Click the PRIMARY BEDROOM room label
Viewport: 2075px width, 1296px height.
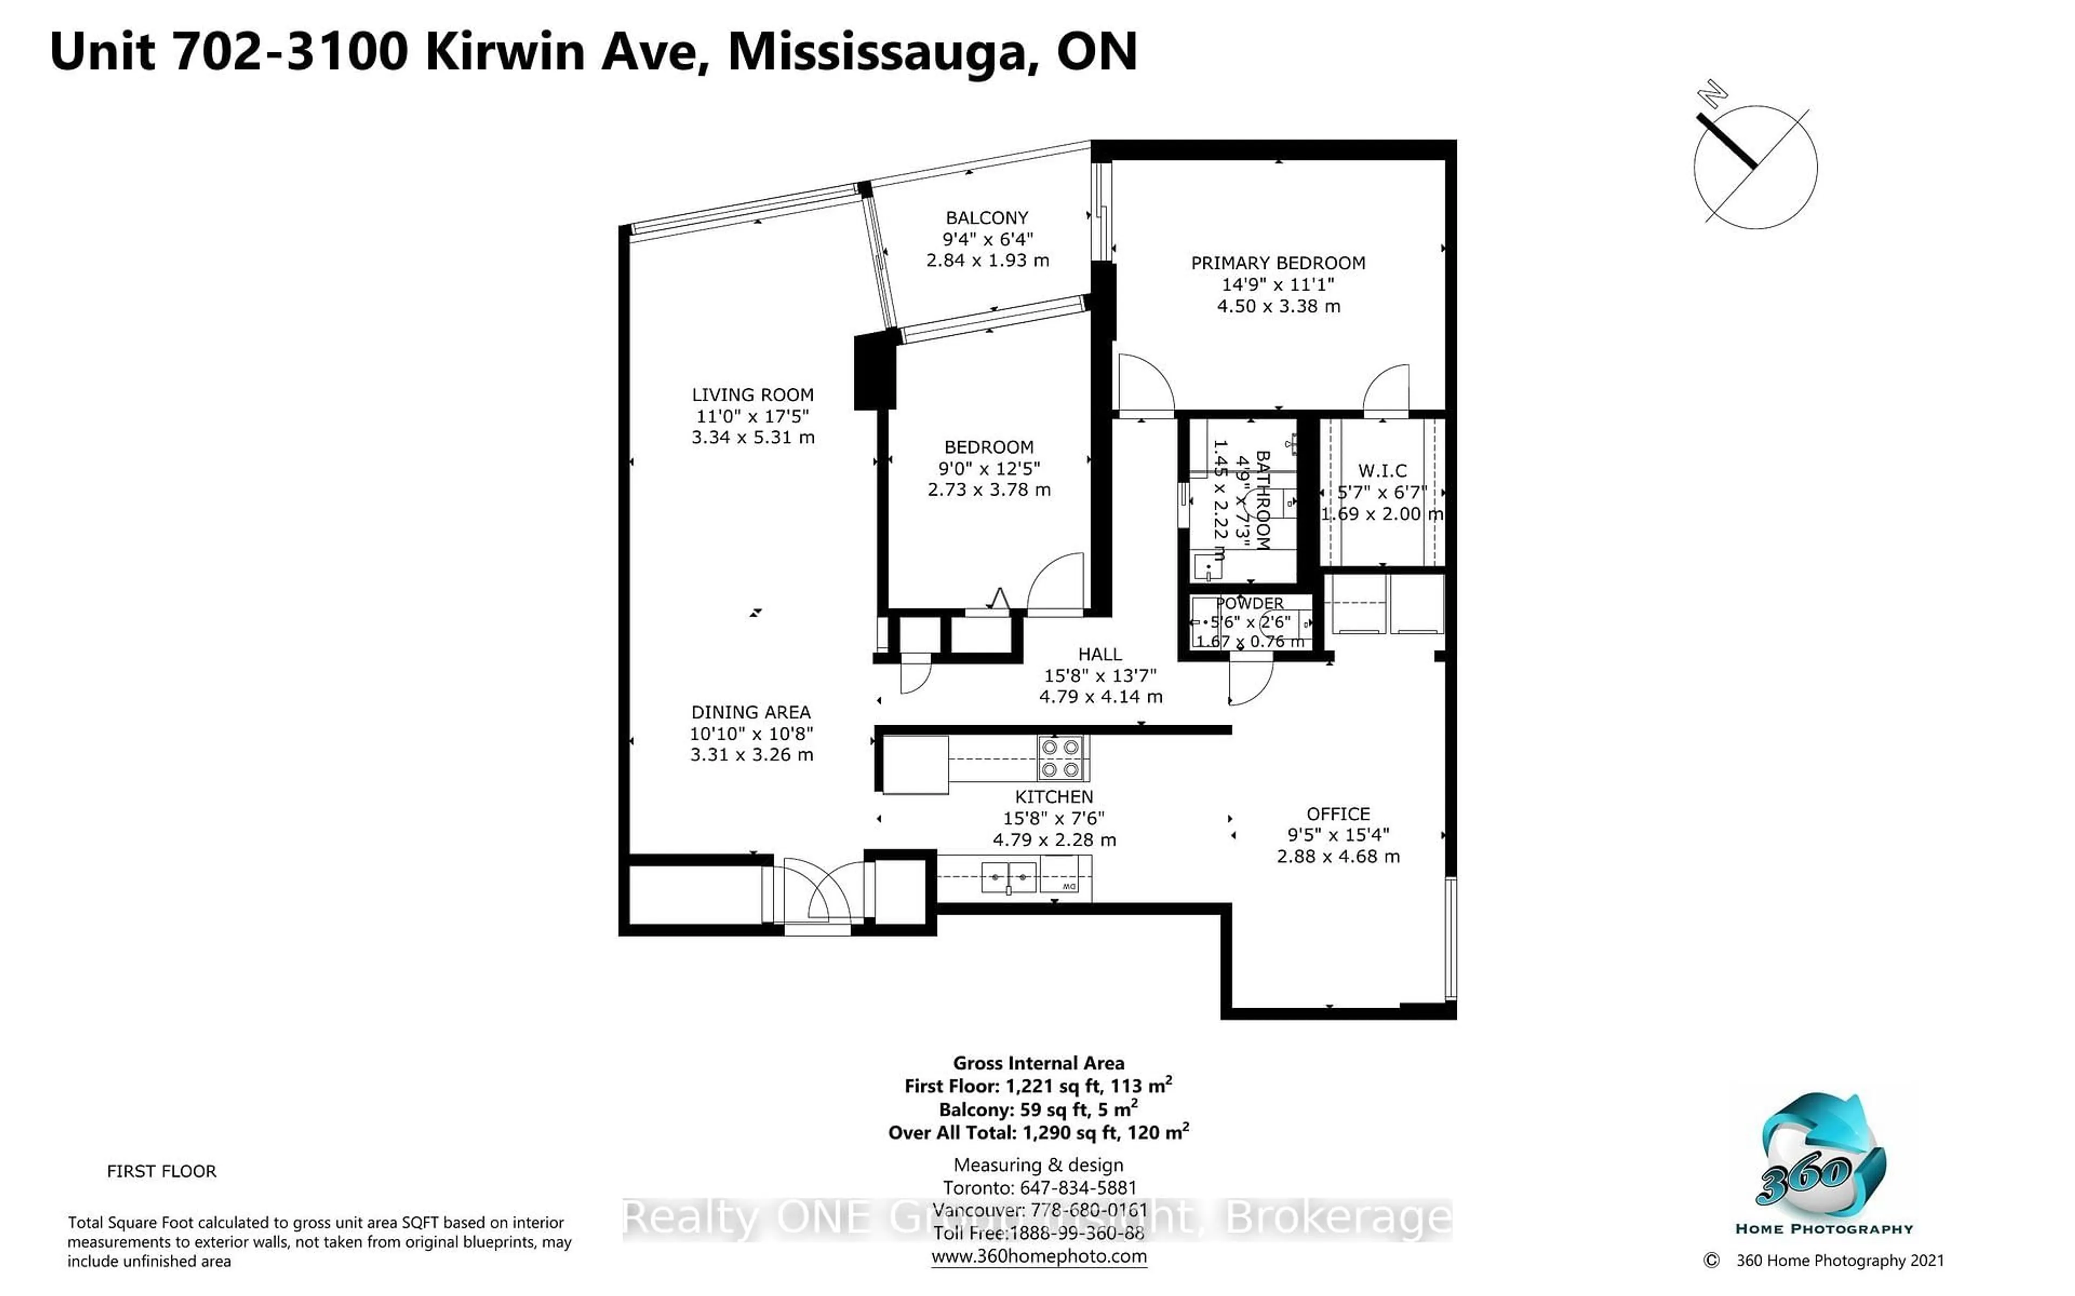click(x=1277, y=263)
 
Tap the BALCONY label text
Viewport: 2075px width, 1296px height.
click(x=986, y=218)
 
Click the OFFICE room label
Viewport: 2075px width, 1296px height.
click(x=1337, y=813)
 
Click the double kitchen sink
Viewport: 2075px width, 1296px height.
click(x=1009, y=877)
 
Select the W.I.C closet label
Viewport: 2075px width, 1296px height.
click(x=1382, y=470)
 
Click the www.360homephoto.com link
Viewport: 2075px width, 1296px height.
click(x=1039, y=1257)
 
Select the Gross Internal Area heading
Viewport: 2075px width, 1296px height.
click(x=1039, y=1063)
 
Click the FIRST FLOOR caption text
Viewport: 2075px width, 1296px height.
click(x=161, y=1171)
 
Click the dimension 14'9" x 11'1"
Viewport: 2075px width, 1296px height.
click(x=1277, y=285)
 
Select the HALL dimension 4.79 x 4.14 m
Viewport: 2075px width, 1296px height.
click(x=1100, y=697)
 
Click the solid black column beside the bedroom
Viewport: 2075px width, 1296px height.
click(x=875, y=371)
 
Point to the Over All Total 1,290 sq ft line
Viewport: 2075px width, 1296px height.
click(x=1039, y=1132)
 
